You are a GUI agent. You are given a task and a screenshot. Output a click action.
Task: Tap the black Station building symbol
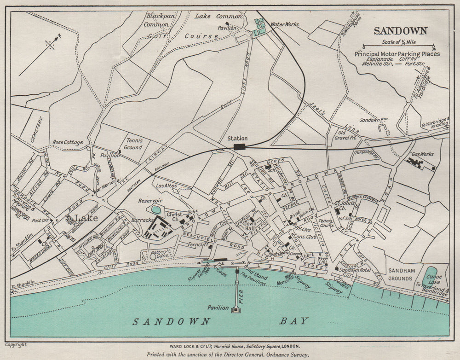(239, 147)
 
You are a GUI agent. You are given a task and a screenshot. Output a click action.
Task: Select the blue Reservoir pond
(156, 210)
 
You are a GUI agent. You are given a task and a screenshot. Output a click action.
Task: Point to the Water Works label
(284, 24)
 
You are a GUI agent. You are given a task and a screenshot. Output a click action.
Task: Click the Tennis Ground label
(133, 144)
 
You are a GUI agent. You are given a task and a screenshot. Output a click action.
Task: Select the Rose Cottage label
(68, 142)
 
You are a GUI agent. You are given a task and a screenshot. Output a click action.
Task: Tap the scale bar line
(398, 46)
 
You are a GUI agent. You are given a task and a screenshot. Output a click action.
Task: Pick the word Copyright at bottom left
(16, 344)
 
